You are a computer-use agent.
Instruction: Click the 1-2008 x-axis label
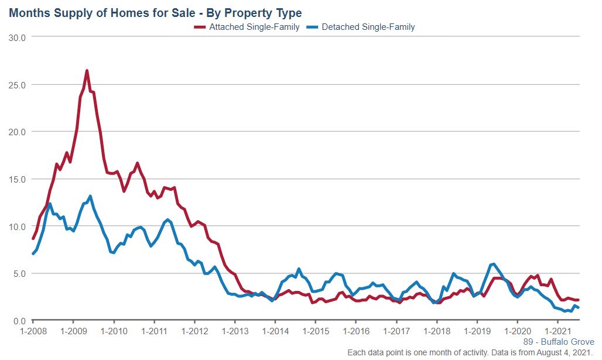point(33,331)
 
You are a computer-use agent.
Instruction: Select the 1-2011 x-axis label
point(154,331)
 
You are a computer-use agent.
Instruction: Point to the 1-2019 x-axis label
point(477,331)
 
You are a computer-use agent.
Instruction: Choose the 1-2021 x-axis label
point(558,331)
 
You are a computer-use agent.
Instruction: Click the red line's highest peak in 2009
point(87,71)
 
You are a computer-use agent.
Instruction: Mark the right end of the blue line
point(579,307)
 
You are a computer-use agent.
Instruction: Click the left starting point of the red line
point(33,238)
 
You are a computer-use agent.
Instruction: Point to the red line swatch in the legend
point(200,27)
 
